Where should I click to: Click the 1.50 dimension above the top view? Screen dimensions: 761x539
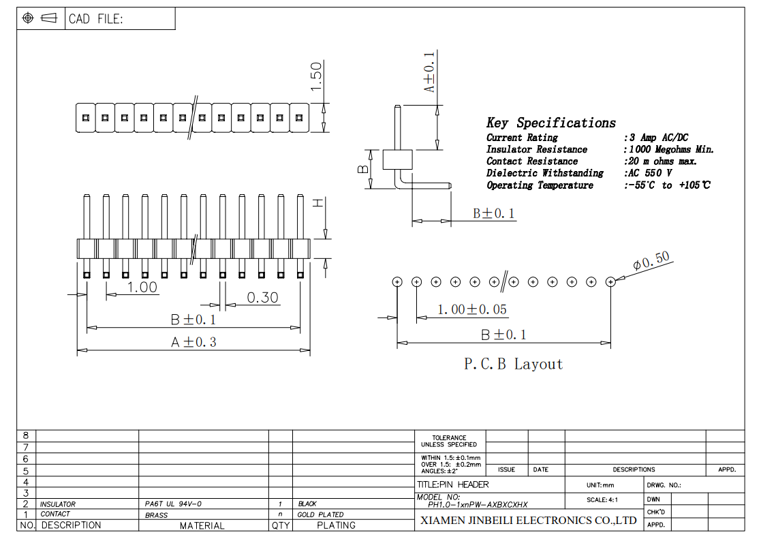click(x=316, y=76)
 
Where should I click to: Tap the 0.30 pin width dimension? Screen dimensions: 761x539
click(x=262, y=297)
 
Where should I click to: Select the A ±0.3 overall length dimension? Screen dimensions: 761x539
click(x=193, y=342)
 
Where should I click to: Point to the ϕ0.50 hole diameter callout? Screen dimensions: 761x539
click(x=651, y=260)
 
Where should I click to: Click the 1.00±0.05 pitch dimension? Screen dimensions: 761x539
click(x=471, y=309)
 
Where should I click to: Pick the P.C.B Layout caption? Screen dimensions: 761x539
click(x=514, y=364)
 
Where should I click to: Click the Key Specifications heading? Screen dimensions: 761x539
click(x=551, y=123)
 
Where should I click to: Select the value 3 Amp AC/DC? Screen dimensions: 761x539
click(x=659, y=138)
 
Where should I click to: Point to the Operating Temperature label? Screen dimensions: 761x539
click(x=540, y=185)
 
